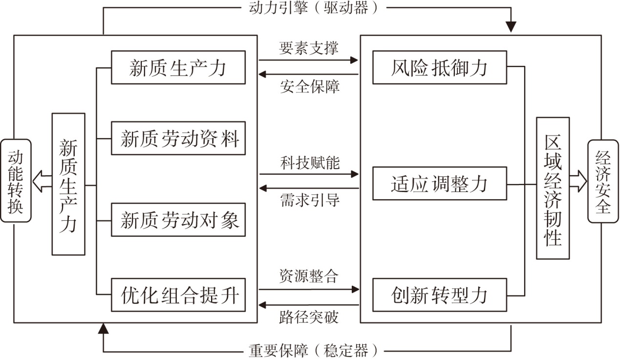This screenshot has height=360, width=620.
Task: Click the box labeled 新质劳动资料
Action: (178, 138)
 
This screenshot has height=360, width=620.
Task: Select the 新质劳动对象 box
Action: (178, 220)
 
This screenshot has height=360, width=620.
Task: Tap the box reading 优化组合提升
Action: (178, 295)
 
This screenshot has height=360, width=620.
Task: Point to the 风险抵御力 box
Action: (440, 67)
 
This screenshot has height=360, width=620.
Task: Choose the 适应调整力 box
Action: (440, 183)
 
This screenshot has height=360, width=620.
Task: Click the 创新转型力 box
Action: (440, 295)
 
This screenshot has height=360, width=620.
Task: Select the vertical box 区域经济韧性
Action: (553, 188)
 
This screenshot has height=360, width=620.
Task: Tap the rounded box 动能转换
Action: (16, 181)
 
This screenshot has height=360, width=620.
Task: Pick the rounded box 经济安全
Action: (603, 181)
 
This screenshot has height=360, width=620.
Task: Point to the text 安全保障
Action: (309, 86)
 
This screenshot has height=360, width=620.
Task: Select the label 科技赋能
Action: (310, 163)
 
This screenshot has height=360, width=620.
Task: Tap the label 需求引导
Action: (310, 200)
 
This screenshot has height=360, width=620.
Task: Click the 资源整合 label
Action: (309, 276)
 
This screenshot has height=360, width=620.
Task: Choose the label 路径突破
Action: (309, 317)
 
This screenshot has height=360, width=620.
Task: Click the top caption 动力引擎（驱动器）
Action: (314, 8)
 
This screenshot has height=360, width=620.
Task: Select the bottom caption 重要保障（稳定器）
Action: (313, 351)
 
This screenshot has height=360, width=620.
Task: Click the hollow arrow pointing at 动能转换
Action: (42, 181)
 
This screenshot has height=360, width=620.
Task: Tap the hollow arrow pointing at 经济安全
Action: (578, 181)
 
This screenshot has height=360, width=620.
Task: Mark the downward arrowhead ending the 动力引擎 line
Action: (511, 26)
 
